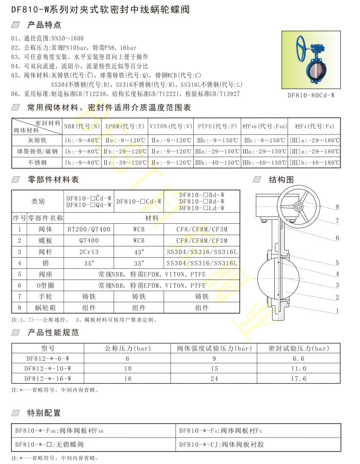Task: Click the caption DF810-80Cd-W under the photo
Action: (311, 95)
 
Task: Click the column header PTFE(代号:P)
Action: (217, 127)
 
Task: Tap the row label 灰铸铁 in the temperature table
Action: (37, 141)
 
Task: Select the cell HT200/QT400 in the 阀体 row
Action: (89, 229)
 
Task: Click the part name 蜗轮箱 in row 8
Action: (45, 307)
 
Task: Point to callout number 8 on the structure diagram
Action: (337, 206)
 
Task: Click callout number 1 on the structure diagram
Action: (337, 311)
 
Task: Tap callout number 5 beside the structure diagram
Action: (337, 262)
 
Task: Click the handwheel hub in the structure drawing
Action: (299, 207)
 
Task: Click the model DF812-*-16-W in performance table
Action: (48, 378)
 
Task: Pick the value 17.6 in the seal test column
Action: (299, 378)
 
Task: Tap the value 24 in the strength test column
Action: (214, 378)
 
